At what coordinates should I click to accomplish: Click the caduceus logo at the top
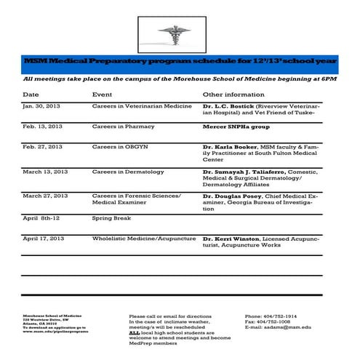(x=180, y=33)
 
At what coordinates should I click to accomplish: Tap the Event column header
(x=102, y=95)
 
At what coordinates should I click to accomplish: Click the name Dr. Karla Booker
(x=229, y=147)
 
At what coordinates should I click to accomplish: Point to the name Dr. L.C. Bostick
(x=227, y=106)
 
